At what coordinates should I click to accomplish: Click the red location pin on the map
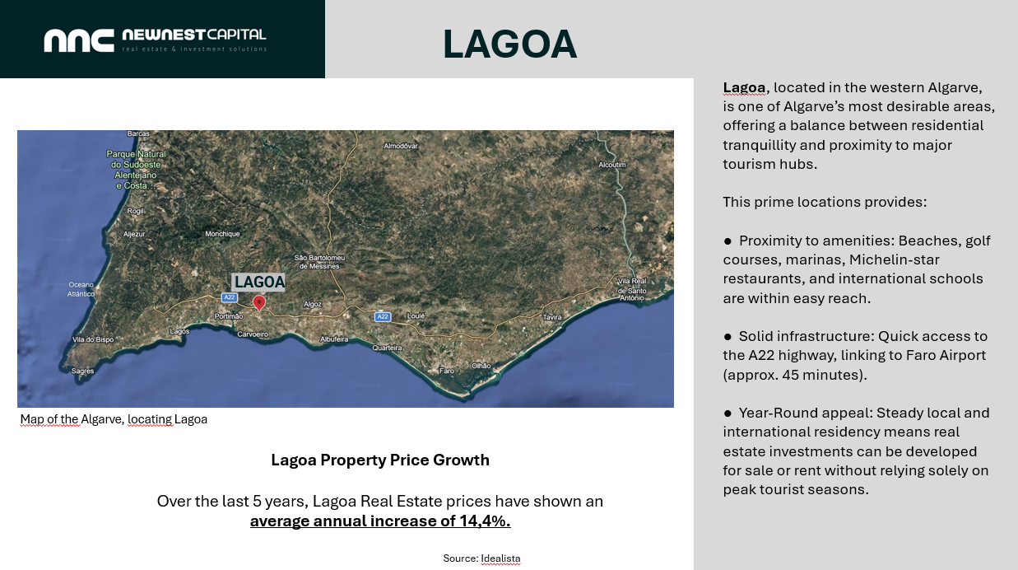coord(259,302)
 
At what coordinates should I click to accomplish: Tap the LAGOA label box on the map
coord(259,282)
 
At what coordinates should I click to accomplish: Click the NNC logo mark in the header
coord(79,40)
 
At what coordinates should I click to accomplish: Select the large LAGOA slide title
coord(510,44)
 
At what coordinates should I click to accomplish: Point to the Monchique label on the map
coord(222,234)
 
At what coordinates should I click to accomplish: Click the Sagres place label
coord(83,371)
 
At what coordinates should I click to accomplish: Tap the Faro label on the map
coord(447,371)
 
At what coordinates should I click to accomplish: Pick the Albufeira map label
coord(334,339)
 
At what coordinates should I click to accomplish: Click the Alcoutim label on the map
coord(612,165)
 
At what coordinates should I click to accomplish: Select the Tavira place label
coord(552,317)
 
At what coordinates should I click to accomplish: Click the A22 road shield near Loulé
coord(383,316)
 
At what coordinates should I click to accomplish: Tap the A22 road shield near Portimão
coord(229,297)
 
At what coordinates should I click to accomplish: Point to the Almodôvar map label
coord(401,146)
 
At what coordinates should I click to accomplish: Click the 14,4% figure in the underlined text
coord(485,521)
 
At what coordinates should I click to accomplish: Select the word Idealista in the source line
coord(500,558)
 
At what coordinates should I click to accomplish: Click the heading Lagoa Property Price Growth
coord(380,460)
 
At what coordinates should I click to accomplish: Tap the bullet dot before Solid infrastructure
coord(727,337)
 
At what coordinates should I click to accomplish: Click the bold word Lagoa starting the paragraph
coord(744,87)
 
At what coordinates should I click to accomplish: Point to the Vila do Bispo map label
coord(93,339)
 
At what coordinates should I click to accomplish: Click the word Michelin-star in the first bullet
coord(894,259)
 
